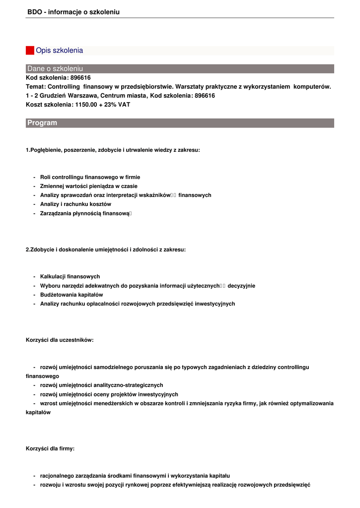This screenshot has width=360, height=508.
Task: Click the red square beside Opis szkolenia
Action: click(30, 51)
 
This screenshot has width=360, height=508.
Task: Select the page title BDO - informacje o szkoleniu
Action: click(73, 12)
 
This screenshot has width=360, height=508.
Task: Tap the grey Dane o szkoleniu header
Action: click(55, 68)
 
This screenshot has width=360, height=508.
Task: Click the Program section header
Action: click(42, 123)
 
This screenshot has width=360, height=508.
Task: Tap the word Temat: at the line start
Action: click(36, 87)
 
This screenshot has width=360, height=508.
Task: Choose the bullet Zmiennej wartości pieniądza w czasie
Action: click(89, 186)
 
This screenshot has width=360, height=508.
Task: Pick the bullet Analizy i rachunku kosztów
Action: click(75, 204)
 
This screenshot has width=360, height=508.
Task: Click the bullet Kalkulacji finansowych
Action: click(70, 276)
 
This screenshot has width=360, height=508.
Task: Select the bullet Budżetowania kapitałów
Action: click(72, 295)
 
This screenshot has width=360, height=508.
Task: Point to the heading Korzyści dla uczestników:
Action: click(60, 340)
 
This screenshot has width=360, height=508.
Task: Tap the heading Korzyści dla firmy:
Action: click(50, 448)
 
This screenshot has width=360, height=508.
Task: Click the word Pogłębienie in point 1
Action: click(46, 150)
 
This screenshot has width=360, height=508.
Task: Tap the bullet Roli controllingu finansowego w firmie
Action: click(90, 177)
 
